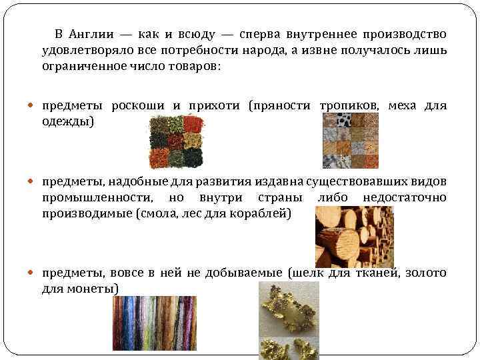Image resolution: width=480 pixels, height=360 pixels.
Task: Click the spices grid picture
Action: tap(176, 141)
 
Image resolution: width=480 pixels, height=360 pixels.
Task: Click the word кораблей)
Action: tap(263, 215)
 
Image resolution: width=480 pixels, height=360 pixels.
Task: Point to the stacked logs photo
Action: tap(354, 237)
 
